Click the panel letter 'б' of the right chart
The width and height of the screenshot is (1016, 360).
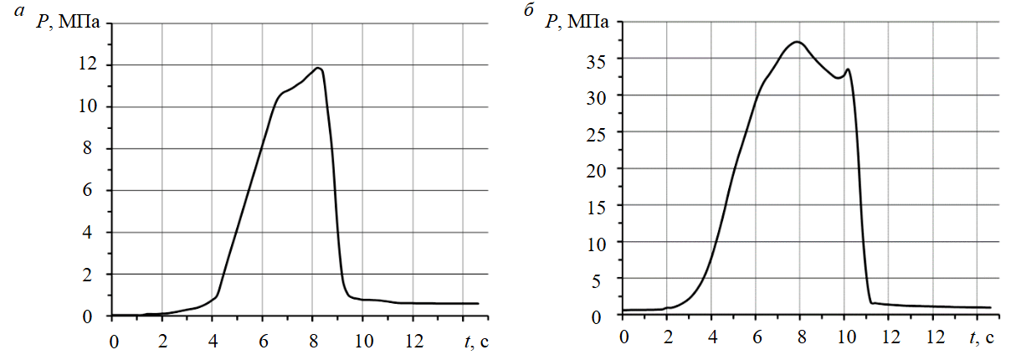point(528,13)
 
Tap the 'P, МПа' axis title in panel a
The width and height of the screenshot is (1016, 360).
point(69,22)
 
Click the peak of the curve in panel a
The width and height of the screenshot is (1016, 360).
point(317,68)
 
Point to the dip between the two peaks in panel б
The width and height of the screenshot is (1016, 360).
point(838,78)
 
